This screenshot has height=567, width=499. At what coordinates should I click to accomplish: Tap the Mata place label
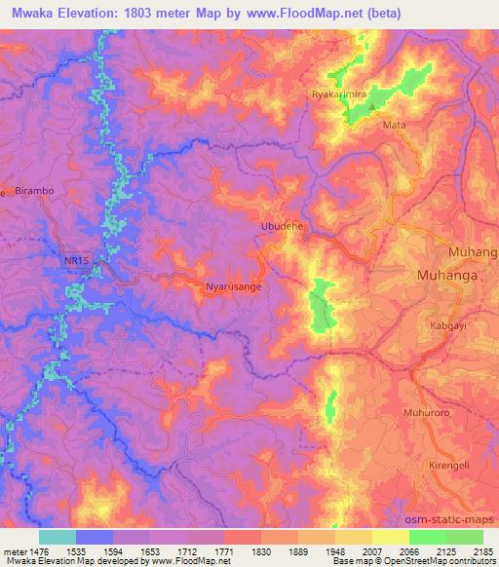click(395, 126)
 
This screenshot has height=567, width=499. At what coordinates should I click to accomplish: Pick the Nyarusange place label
click(234, 287)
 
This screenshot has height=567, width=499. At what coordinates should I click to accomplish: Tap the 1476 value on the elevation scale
click(29, 550)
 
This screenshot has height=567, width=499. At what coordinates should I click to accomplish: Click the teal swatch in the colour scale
click(58, 537)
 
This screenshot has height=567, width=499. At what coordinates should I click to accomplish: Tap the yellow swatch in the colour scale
click(391, 537)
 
